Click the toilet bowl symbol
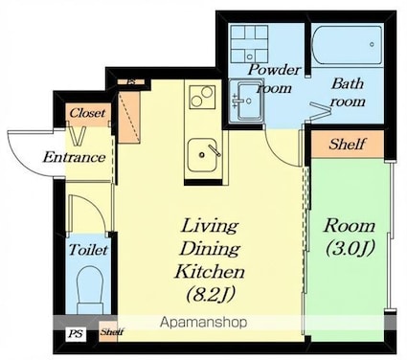pyautogui.click(x=91, y=290)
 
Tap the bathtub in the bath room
pyautogui.click(x=347, y=45)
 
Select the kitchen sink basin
pyautogui.click(x=202, y=155)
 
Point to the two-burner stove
pyautogui.click(x=202, y=96)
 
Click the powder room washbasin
pyautogui.click(x=246, y=101)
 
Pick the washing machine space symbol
pyautogui.click(x=250, y=44)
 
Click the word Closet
pyautogui.click(x=87, y=113)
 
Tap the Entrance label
pyautogui.click(x=74, y=157)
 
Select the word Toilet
pyautogui.click(x=88, y=250)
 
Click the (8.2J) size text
pyautogui.click(x=211, y=293)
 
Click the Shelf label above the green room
pyautogui.click(x=348, y=145)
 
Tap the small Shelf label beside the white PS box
pyautogui.click(x=112, y=332)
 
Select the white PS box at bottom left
pyautogui.click(x=77, y=334)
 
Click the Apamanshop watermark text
pyautogui.click(x=204, y=323)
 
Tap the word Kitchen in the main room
pyautogui.click(x=210, y=272)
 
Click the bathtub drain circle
pyautogui.click(x=372, y=44)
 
